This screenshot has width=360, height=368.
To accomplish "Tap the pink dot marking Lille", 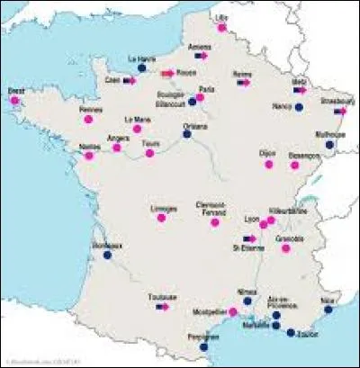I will coord(221,27).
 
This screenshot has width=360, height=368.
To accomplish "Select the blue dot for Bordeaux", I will coord(107,256).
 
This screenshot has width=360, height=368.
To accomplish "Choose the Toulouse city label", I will coord(163,295).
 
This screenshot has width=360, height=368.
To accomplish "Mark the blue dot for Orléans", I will coord(187,135).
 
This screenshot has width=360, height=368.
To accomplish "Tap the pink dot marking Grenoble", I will coord(286,247).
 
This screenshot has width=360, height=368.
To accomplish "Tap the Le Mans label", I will coord(138,118).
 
